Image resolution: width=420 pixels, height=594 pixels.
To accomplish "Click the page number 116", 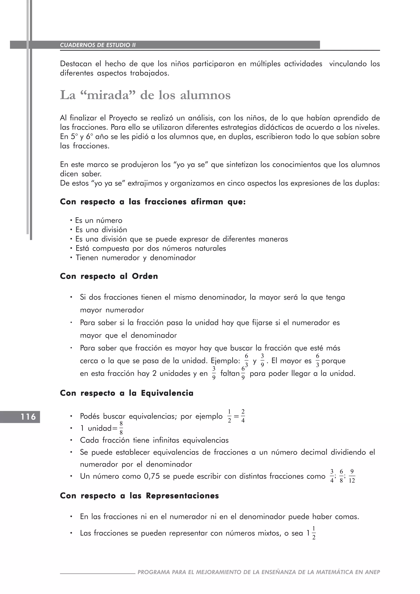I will (x=28, y=417).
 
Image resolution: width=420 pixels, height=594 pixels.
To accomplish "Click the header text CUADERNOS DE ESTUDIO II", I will (x=98, y=45).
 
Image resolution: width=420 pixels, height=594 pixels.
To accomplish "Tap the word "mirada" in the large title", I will (x=108, y=95).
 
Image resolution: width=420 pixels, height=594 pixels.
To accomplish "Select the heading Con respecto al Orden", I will (x=109, y=276).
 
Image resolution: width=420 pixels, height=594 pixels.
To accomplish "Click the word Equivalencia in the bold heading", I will (x=167, y=393).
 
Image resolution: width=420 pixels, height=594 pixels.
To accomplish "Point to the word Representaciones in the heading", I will (x=182, y=496).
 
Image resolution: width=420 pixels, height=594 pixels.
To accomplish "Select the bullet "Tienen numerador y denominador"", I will (x=136, y=258).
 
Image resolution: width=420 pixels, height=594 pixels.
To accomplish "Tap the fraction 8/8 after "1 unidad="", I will (x=121, y=428).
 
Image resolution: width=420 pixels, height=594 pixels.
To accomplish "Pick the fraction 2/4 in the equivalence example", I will (x=243, y=416).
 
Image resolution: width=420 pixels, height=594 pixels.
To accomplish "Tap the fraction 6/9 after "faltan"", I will (x=243, y=373).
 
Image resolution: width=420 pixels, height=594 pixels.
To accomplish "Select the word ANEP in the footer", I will (x=372, y=572).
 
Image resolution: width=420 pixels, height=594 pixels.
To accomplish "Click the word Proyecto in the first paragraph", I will (x=123, y=118).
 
